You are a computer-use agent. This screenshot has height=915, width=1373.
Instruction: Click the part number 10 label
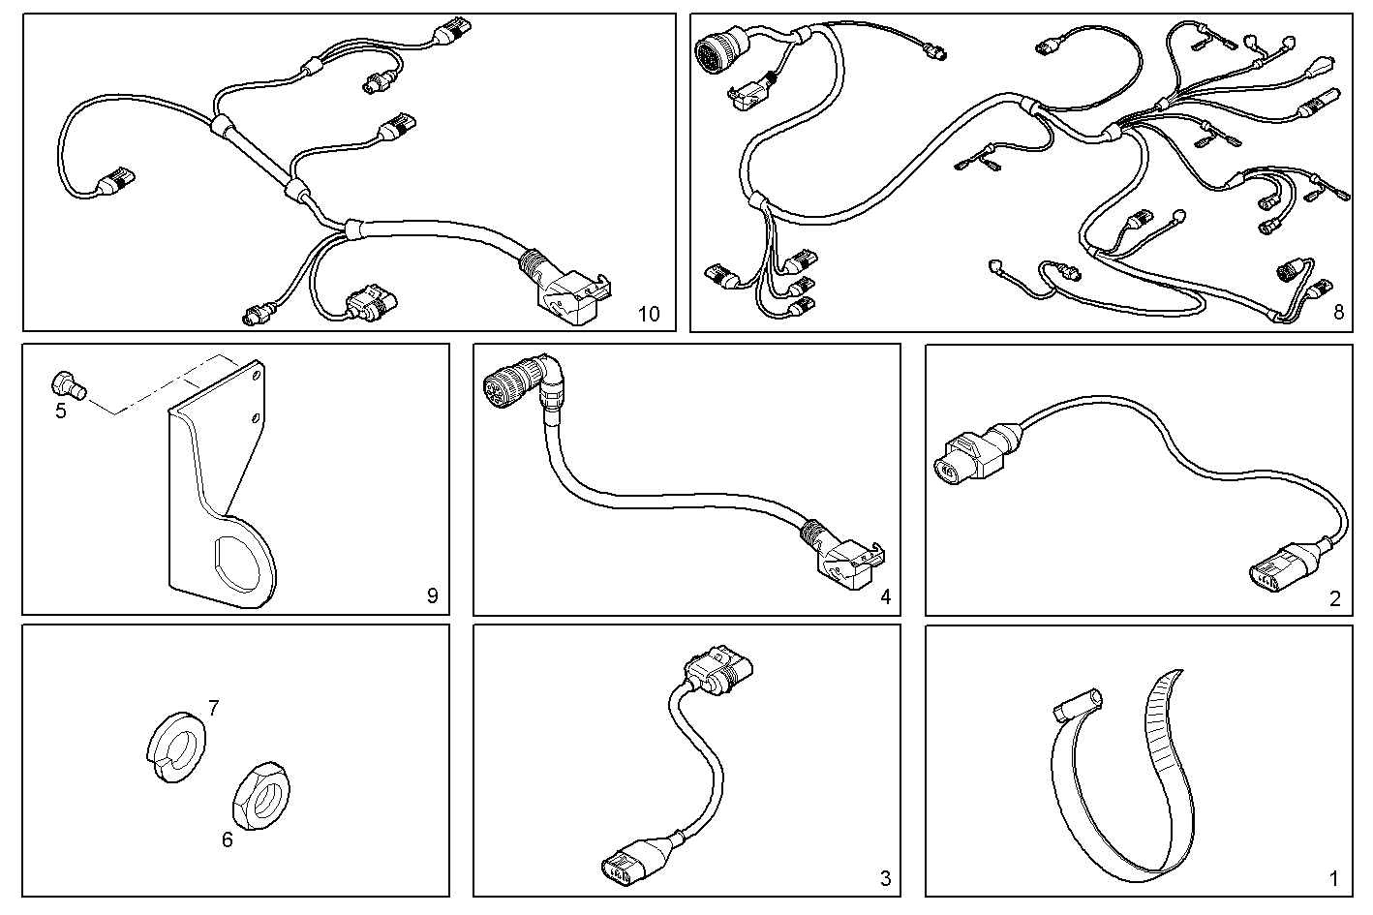click(x=648, y=314)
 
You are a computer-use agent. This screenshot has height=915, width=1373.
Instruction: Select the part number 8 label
click(x=1338, y=312)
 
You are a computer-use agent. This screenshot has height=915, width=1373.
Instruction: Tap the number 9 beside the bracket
click(x=432, y=595)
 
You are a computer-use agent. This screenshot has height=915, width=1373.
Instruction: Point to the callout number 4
click(x=885, y=596)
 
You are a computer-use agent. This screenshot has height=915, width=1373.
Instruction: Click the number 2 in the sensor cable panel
click(x=1335, y=598)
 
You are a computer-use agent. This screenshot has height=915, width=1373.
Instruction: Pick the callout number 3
click(x=885, y=879)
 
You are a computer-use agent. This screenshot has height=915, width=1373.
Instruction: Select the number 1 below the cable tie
click(x=1333, y=879)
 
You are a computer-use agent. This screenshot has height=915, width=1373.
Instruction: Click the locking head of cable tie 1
click(x=1076, y=705)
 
